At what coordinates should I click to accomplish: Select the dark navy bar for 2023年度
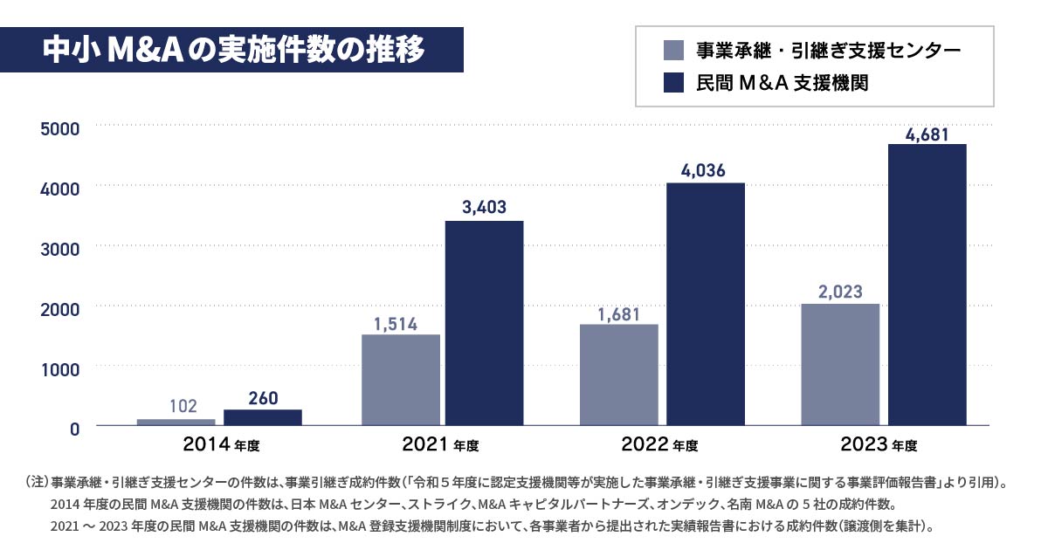click(927, 285)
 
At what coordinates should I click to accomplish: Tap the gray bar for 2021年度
click(401, 380)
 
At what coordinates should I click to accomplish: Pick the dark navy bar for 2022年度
click(706, 304)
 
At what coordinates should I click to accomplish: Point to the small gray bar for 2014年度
click(176, 422)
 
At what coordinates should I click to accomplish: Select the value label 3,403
click(484, 208)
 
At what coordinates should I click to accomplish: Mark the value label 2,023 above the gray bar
click(840, 292)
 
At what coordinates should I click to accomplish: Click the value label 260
click(263, 399)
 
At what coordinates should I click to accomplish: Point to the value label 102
click(183, 406)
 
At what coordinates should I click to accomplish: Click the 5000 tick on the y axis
click(60, 128)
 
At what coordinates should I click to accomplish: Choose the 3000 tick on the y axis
click(60, 248)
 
